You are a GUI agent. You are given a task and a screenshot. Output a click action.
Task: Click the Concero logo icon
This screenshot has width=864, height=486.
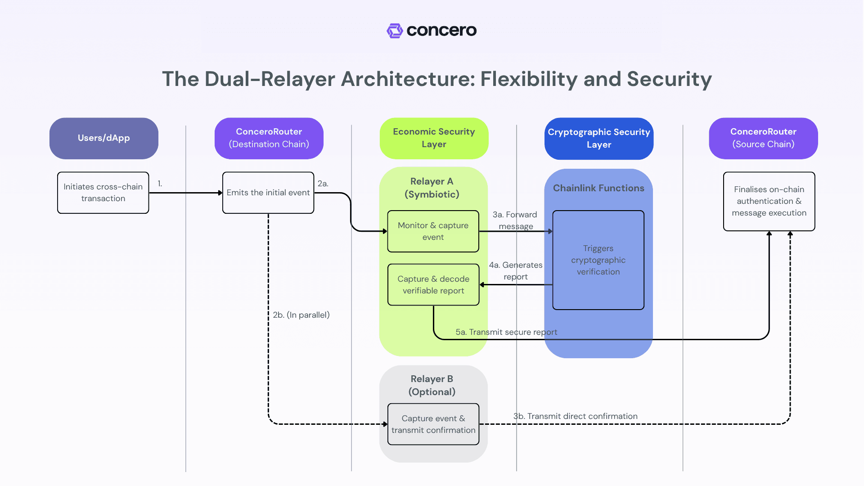pos(395,31)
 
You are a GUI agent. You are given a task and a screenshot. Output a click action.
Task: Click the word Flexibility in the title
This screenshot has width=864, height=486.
pos(529,79)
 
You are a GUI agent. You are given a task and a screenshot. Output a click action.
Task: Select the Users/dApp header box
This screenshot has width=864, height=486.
pos(104,138)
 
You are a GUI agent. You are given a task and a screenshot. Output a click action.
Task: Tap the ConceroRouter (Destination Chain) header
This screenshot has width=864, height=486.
pos(269,138)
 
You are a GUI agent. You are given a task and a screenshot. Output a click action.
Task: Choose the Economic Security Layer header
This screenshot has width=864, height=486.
pos(434,138)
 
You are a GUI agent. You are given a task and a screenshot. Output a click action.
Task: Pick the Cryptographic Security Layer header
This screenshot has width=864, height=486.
pos(598,139)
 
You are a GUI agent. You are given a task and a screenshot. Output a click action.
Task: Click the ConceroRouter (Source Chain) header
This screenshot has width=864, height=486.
pos(763,138)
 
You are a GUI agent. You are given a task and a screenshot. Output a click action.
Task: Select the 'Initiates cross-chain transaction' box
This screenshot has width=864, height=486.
pos(103,193)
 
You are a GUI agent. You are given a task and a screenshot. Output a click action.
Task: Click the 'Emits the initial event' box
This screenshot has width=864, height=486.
pos(268,193)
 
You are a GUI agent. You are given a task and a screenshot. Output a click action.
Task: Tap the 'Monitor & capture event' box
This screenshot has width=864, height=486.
pos(433,231)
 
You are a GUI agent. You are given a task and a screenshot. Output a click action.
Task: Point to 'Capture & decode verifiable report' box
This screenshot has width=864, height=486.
pos(433,285)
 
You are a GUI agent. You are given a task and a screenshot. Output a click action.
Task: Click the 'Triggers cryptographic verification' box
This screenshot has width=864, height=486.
pos(598,260)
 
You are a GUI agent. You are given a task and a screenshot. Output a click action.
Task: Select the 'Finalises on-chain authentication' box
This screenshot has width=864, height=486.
pos(769,201)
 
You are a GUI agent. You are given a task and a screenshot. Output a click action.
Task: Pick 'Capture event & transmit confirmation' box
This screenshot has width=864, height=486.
pos(433,424)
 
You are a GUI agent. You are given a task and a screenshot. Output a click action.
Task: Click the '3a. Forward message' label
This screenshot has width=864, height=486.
pos(515,220)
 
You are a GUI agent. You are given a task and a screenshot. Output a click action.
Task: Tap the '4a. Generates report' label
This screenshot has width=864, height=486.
pos(516,270)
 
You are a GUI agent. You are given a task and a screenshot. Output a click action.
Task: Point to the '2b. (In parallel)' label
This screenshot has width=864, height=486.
pos(301,315)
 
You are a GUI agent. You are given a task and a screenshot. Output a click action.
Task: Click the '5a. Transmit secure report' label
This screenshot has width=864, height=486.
pos(506,332)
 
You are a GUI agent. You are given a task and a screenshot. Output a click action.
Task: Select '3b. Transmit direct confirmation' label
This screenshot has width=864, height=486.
pos(575,416)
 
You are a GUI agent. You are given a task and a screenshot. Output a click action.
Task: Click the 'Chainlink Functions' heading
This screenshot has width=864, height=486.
pos(598,188)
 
